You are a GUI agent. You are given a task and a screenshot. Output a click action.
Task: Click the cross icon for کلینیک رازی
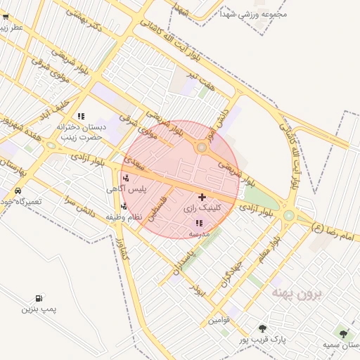click(x=202, y=197)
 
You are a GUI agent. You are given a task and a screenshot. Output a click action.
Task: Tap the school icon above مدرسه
click(x=198, y=223)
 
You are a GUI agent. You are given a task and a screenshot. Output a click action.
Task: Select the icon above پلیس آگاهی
click(x=126, y=179)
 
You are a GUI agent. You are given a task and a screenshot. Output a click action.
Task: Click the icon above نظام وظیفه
click(x=124, y=207)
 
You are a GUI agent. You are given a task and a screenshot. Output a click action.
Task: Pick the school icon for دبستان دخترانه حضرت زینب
click(x=81, y=116)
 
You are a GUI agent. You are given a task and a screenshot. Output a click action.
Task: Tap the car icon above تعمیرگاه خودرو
click(x=17, y=191)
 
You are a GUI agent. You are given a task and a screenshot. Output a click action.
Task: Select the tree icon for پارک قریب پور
click(x=262, y=328)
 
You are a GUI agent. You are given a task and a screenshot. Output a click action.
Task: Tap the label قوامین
click(x=218, y=321)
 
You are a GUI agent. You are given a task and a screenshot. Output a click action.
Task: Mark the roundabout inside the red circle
click(x=202, y=148)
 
